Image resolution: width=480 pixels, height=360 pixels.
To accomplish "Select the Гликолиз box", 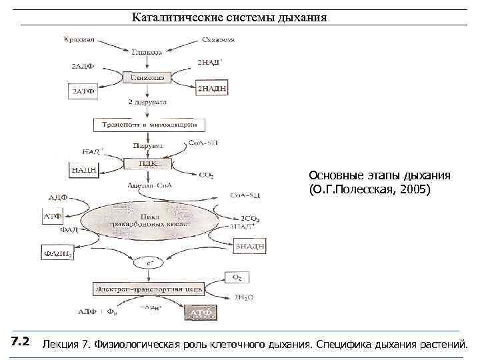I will [150, 77].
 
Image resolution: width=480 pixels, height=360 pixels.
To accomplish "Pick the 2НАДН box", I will [213, 86].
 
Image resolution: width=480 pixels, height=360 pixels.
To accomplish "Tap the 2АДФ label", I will [85, 66].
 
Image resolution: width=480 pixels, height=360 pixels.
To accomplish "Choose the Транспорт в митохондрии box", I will [148, 125].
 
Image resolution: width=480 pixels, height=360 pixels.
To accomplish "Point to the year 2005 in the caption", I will [414, 190].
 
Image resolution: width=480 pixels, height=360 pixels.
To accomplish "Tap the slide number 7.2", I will [20, 342].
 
